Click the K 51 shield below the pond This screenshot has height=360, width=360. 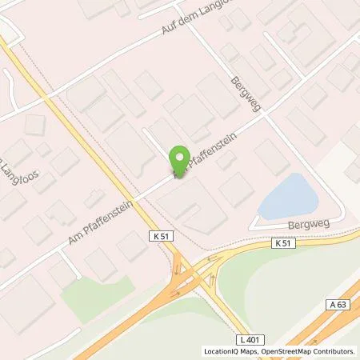tap(282, 242)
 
